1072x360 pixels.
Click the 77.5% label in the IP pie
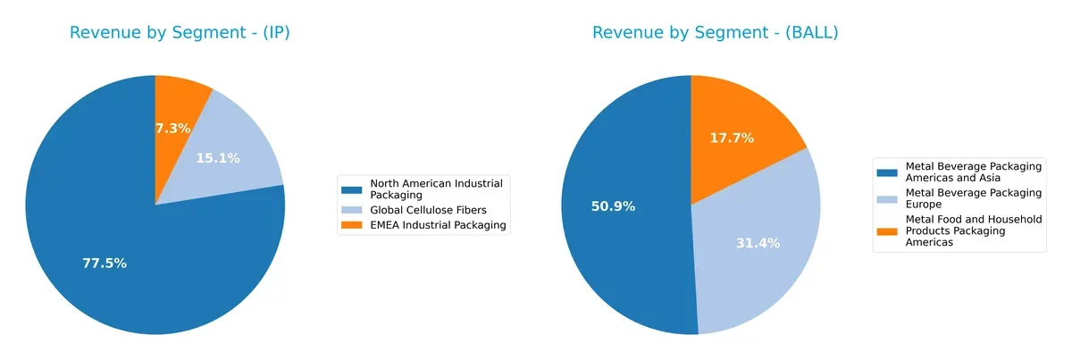pos(105,264)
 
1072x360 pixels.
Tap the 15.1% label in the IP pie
pos(217,158)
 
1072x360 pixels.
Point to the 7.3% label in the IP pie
pos(172,129)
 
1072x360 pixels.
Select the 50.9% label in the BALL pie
pos(613,206)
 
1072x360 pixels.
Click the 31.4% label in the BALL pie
pos(758,243)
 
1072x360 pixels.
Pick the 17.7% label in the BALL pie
pos(732,138)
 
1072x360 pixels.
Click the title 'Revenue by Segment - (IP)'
pos(180,33)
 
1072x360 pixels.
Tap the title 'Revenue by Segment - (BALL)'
pos(715,33)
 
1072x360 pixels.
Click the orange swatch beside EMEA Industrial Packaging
pos(354,225)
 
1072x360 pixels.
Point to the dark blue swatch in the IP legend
pos(354,188)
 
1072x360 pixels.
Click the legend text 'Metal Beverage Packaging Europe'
pos(973,197)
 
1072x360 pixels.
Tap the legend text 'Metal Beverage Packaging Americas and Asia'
pos(973,171)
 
